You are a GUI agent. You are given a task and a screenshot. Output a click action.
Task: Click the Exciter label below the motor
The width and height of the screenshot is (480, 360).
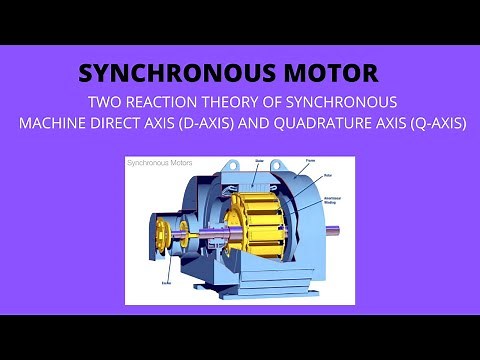click(x=166, y=283)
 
